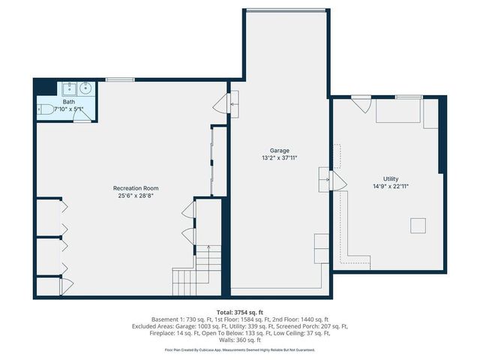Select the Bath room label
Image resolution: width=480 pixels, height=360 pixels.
click(x=68, y=102)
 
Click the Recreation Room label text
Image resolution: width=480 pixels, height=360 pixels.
click(x=136, y=188)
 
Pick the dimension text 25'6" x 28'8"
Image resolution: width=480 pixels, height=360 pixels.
click(x=136, y=196)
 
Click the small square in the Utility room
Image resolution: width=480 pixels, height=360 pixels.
click(x=418, y=225)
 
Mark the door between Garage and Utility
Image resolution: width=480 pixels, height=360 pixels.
click(x=335, y=181)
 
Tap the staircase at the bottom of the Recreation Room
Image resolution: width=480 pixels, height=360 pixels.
click(x=197, y=271)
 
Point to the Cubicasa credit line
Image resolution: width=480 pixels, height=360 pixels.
click(x=239, y=349)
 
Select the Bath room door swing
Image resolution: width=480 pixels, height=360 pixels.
click(x=84, y=114)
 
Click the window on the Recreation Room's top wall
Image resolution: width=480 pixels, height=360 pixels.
click(x=120, y=79)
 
